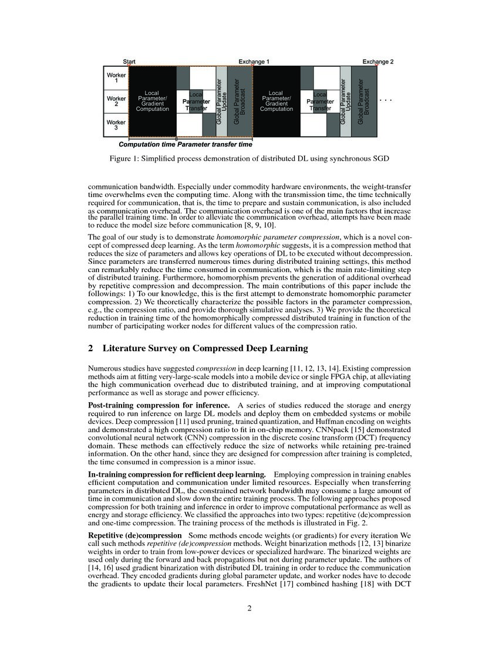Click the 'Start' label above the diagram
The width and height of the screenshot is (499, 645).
click(x=129, y=62)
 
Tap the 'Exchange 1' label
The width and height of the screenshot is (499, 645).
click(x=254, y=62)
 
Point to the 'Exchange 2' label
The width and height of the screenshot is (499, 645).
click(x=378, y=62)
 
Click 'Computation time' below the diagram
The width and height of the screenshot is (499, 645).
click(x=147, y=144)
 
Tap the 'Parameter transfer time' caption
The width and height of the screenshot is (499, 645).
click(x=215, y=144)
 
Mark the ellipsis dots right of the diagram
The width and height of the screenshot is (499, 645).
click(x=385, y=101)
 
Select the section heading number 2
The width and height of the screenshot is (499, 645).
click(x=90, y=348)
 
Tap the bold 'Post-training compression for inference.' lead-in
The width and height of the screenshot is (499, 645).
click(x=159, y=405)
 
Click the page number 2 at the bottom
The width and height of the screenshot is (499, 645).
click(x=249, y=608)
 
